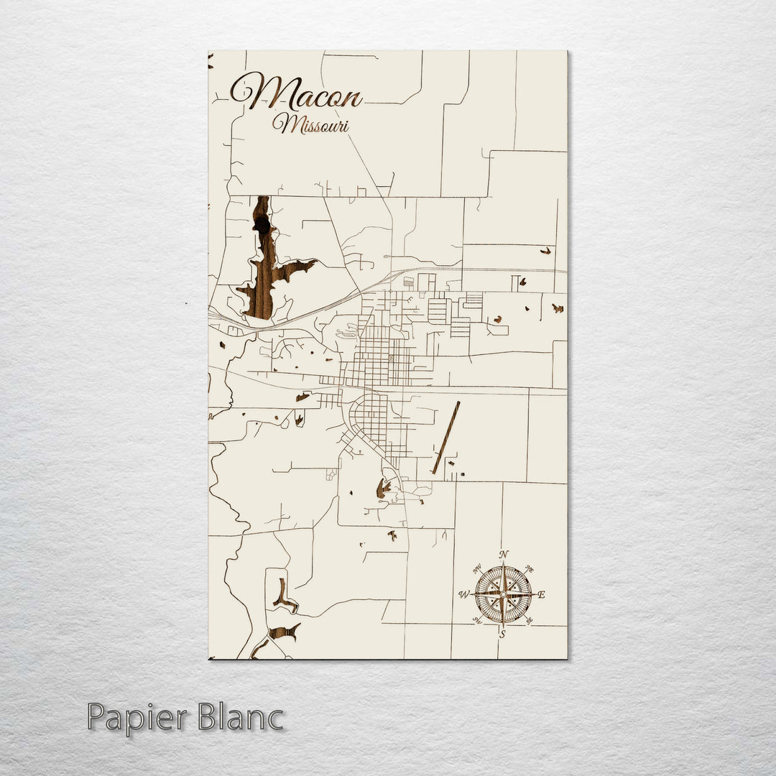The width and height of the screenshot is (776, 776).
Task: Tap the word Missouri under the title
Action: click(x=311, y=125)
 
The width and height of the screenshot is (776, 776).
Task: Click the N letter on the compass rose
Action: click(x=504, y=554)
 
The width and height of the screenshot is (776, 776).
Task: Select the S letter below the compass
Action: click(x=502, y=634)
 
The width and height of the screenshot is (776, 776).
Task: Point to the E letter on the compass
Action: click(x=542, y=595)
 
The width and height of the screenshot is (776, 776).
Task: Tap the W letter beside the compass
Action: click(x=463, y=595)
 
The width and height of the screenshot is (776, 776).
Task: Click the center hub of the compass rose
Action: click(x=503, y=594)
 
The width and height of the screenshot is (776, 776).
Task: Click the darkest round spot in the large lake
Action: click(x=262, y=226)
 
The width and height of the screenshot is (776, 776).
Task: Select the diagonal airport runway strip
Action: click(x=446, y=437)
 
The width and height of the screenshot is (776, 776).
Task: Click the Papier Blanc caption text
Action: click(x=185, y=718)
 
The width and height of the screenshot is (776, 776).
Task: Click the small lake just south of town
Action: click(x=383, y=490)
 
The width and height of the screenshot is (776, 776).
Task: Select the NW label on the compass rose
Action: click(x=476, y=568)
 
